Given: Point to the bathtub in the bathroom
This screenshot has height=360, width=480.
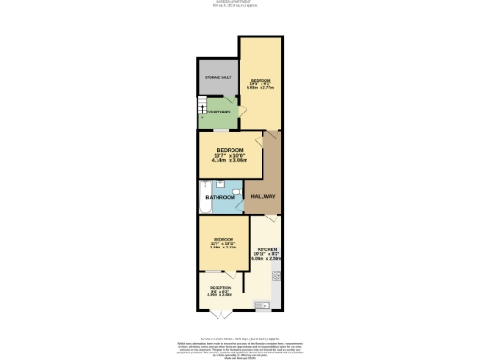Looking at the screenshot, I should [202, 197].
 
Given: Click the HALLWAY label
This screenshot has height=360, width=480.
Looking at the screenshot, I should [264, 195].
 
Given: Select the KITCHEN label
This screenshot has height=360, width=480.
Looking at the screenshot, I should [266, 248].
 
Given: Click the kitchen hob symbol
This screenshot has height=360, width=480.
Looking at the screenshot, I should [277, 275].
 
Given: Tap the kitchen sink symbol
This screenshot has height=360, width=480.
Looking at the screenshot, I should [263, 304].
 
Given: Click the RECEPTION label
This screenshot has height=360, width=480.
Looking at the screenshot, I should [219, 287].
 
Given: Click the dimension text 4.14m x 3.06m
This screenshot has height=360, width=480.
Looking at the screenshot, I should [230, 160].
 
